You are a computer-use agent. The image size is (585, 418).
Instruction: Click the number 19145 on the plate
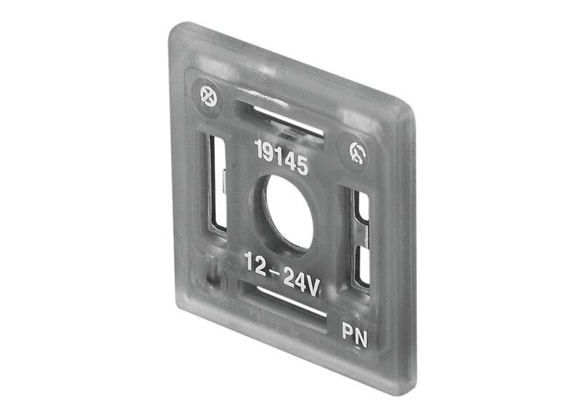click(x=281, y=158)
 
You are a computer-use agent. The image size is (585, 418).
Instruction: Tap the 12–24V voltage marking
click(x=282, y=273)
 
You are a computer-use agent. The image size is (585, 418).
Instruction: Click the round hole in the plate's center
click(x=288, y=214)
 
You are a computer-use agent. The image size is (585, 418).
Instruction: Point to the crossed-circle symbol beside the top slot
click(x=202, y=94)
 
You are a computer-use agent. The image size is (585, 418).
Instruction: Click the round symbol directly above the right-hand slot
click(x=355, y=151)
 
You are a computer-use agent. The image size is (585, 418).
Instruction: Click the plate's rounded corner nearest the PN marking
click(x=401, y=380)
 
